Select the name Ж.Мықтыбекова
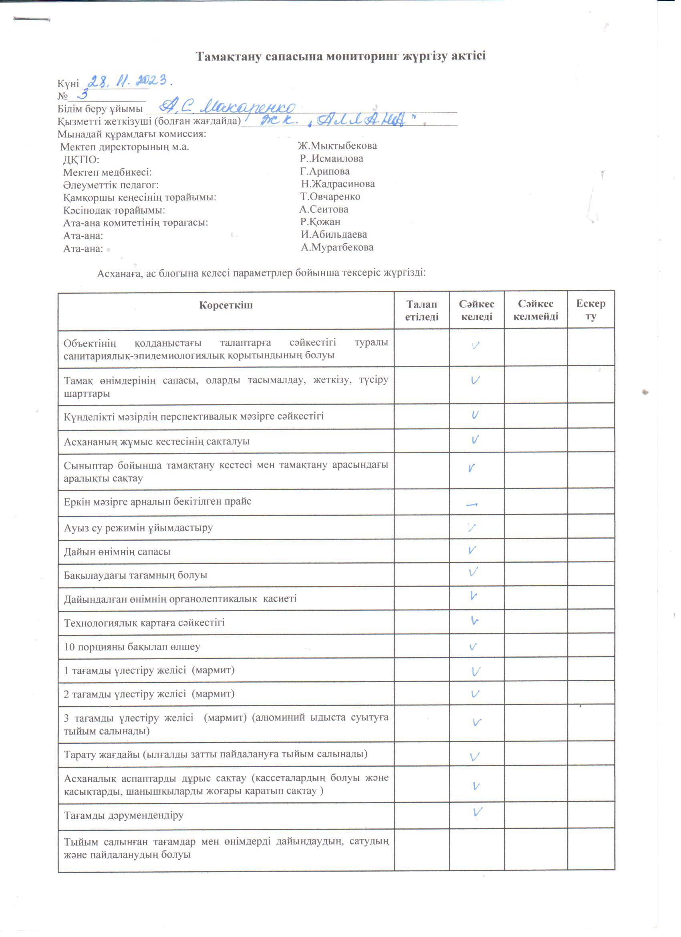click(337, 146)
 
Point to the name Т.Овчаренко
click(330, 197)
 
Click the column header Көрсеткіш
click(226, 305)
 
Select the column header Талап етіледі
click(421, 310)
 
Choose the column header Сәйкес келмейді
click(536, 310)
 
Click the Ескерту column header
click(590, 310)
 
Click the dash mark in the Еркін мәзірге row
click(471, 505)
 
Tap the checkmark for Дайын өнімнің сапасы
click(473, 550)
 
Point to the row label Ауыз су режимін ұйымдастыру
click(138, 527)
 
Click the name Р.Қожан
click(320, 222)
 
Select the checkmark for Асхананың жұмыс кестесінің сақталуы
click(475, 440)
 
